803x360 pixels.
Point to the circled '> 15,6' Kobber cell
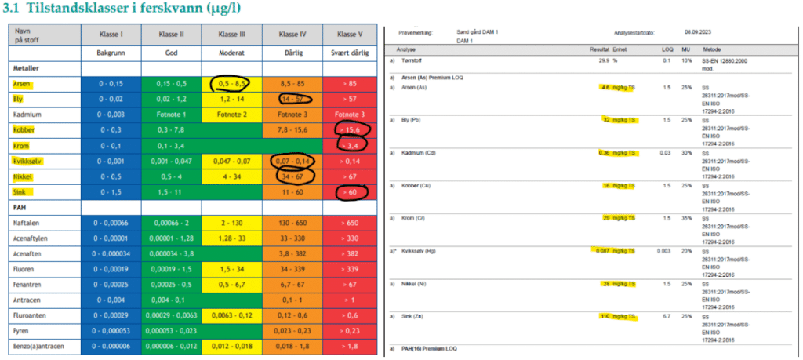347,129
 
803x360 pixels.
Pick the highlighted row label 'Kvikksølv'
30,161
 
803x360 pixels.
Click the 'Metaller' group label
27,68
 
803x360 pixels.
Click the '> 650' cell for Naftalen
347,224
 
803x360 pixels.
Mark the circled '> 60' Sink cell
347,191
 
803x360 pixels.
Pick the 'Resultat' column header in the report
599,48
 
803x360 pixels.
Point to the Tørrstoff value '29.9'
604,60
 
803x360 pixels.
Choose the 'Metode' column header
712,48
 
